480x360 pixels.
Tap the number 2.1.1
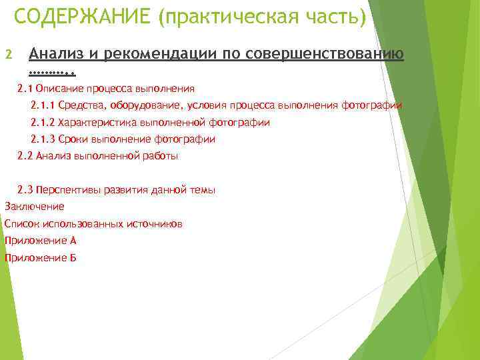click(x=43, y=105)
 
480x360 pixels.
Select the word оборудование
click(x=138, y=105)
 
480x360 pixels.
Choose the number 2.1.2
click(x=43, y=123)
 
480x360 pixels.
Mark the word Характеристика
click(x=99, y=123)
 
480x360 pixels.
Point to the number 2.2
click(x=25, y=156)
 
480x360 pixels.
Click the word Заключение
click(x=34, y=207)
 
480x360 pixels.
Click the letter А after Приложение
click(x=73, y=241)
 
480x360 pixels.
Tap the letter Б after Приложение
click(x=73, y=258)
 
